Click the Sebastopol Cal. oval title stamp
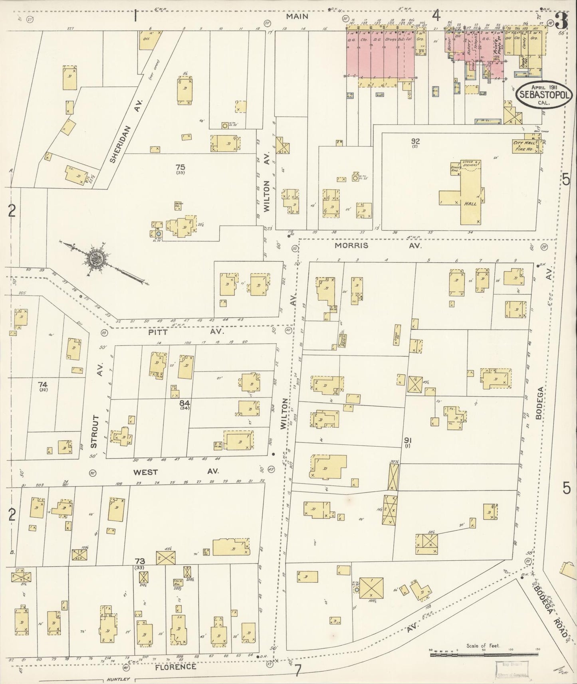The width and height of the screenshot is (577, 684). coord(544,94)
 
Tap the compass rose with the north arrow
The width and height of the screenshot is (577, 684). coord(97,259)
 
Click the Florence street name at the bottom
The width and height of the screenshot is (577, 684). coord(176,667)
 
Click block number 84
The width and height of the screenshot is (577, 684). coord(184,403)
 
